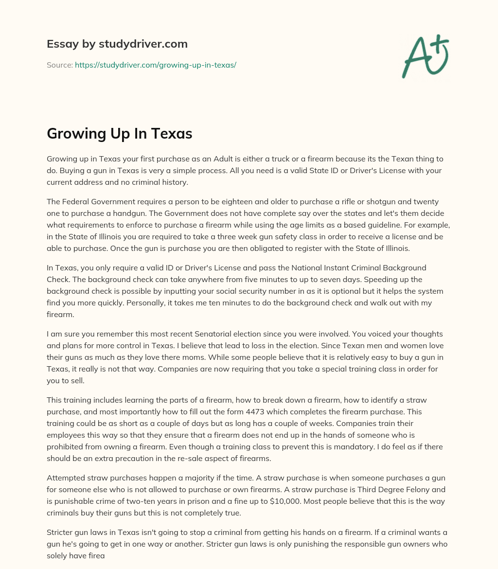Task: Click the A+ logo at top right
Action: (x=425, y=56)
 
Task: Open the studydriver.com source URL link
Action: (x=155, y=65)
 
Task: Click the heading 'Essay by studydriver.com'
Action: (x=117, y=44)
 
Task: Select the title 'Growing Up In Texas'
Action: (x=119, y=135)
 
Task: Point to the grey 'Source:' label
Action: (x=60, y=65)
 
